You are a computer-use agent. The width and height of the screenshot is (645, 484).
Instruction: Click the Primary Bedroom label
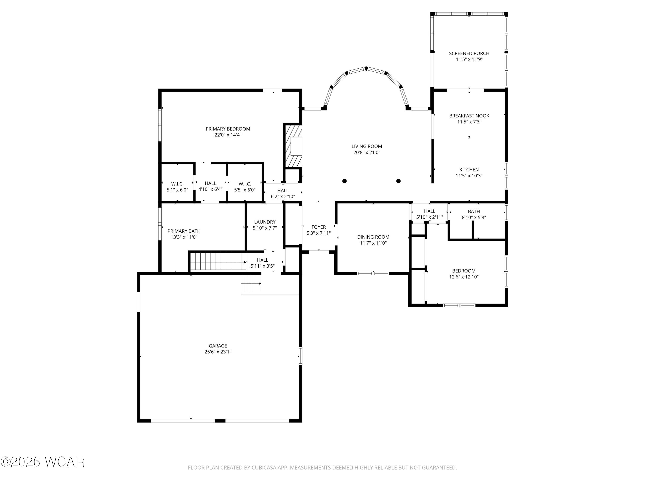(x=228, y=129)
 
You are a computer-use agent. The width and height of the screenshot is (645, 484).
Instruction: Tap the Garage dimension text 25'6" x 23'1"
(x=218, y=352)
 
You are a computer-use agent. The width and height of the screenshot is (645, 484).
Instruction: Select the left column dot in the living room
(x=344, y=181)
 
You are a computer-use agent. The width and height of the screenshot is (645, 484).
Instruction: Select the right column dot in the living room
(x=398, y=181)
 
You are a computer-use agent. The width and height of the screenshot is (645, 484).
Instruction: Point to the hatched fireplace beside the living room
(x=293, y=146)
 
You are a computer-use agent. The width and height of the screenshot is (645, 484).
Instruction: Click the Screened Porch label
(x=469, y=53)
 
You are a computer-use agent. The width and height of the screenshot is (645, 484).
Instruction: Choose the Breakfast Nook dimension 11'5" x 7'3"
(x=469, y=122)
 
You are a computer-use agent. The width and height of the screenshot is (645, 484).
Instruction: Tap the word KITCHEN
(x=469, y=170)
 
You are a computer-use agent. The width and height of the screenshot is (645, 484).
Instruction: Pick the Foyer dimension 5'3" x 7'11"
(x=318, y=233)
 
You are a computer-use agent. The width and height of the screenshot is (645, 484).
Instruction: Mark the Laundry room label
(x=264, y=222)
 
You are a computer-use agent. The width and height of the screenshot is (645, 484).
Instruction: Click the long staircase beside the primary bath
(x=218, y=261)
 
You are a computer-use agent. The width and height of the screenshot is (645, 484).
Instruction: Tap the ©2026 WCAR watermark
(x=43, y=462)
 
